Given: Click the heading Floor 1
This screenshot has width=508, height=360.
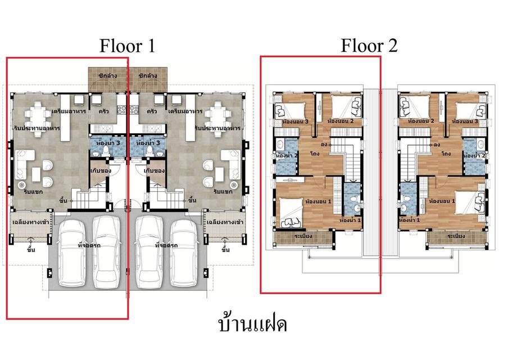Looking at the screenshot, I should (x=127, y=45).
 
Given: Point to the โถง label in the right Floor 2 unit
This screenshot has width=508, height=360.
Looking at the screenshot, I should (x=447, y=153).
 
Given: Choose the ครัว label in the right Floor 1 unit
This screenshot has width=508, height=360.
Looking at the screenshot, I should (x=151, y=112).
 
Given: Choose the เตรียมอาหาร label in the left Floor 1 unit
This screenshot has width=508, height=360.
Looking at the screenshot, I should (x=68, y=112).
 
